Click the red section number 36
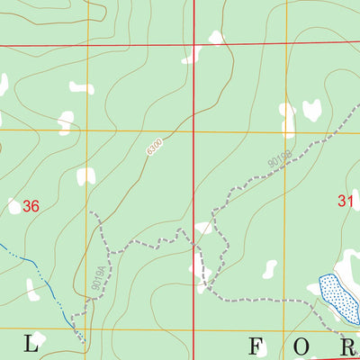(32, 206)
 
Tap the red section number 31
(346, 202)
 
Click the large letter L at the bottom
(32, 343)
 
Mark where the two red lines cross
(194, 44)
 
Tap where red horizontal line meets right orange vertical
(287, 44)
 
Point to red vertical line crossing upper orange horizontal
(194, 131)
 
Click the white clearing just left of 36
(13, 206)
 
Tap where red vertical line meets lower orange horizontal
(194, 329)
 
